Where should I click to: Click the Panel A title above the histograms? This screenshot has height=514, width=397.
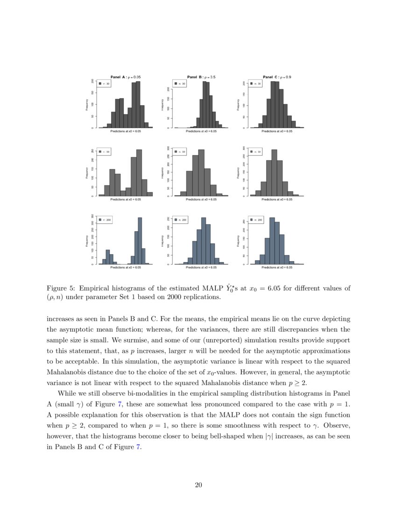tap(125, 77)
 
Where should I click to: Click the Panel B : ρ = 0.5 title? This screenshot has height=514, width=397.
tap(201, 77)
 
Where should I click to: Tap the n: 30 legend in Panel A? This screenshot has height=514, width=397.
tap(104, 84)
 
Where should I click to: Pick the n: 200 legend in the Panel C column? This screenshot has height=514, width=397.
tap(256, 220)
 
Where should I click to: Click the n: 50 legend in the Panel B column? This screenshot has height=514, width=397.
tap(180, 152)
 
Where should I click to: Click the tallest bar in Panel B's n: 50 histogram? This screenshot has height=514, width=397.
tap(201, 173)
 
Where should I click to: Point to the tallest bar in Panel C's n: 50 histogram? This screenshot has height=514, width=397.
tap(274, 173)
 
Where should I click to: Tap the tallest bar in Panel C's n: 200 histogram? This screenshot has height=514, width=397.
tap(272, 241)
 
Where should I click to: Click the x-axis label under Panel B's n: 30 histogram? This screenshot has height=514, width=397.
tap(201, 132)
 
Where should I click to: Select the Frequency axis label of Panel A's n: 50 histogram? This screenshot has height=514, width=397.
tap(87, 173)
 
